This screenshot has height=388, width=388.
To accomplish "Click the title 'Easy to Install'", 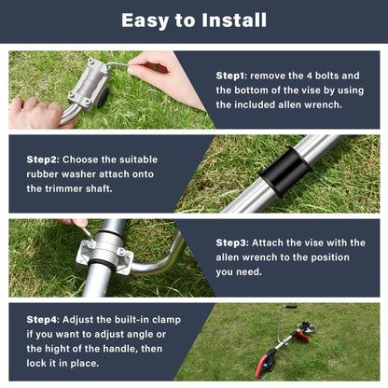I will (x=194, y=21).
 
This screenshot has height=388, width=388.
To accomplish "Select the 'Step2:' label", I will (x=43, y=159).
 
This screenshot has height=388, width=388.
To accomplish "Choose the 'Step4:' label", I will (x=43, y=319).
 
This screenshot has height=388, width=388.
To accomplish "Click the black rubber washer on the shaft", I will (x=284, y=172).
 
